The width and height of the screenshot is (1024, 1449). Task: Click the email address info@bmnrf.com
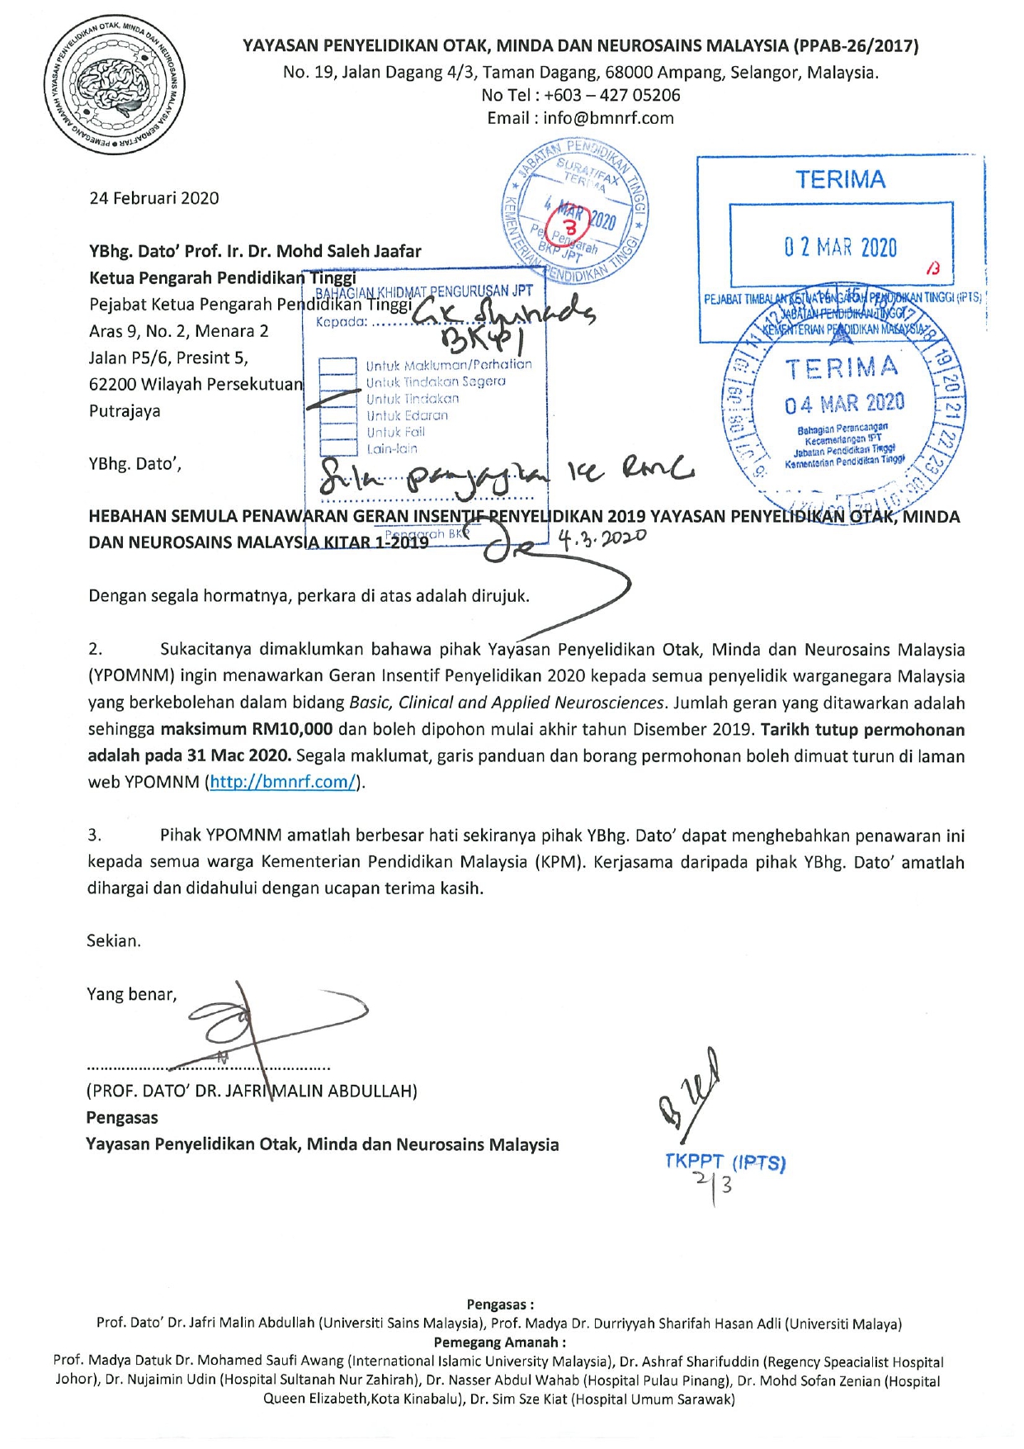point(608,118)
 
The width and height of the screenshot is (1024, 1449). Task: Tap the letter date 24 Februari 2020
point(154,198)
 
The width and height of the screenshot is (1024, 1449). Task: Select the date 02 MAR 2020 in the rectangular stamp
point(840,248)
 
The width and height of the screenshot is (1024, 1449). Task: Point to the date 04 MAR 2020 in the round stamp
point(844,404)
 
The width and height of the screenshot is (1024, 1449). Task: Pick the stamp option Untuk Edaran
point(407,415)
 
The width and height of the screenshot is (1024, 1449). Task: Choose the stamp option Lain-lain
point(392,449)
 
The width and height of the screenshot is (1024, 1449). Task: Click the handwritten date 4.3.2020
point(602,539)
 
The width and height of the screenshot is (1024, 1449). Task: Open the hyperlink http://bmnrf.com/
point(283,782)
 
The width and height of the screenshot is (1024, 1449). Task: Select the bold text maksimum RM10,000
point(246,729)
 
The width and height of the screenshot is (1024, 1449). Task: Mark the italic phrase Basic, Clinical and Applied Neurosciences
point(507,703)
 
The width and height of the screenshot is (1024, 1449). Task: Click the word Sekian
point(114,940)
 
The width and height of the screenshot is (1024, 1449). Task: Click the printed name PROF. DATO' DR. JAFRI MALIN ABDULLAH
point(252,1091)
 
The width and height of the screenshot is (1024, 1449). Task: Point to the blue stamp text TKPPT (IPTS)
point(725,1163)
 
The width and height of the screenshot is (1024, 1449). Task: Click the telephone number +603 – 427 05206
point(611,95)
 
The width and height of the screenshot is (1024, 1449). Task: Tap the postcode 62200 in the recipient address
point(113,385)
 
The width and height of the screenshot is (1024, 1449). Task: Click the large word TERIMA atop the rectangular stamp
point(840,180)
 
